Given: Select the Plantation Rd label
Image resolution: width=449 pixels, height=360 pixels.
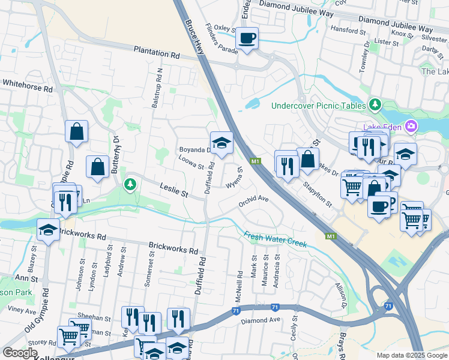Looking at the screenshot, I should tap(157, 53).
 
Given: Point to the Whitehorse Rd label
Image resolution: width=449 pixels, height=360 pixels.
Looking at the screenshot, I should tap(27, 85).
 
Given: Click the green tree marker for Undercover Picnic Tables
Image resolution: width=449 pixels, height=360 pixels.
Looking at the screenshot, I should tap(375, 104).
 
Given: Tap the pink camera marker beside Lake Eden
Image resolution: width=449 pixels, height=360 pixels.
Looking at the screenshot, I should tap(411, 127).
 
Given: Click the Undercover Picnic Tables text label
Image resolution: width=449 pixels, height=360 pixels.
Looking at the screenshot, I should tap(318, 106).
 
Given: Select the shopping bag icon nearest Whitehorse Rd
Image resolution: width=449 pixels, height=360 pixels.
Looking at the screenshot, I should tap(77, 132).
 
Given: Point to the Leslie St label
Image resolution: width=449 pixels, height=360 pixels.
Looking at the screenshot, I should tap(173, 191).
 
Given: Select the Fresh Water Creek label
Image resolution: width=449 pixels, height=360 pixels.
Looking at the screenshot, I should tap(276, 239).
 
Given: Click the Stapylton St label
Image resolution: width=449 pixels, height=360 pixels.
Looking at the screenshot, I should tap(318, 194).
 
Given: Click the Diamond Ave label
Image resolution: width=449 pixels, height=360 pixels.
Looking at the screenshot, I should tap(261, 320).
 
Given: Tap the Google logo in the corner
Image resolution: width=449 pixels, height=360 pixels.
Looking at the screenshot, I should tap(20, 353).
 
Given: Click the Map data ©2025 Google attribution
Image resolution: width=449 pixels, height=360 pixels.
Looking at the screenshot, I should tap(412, 355).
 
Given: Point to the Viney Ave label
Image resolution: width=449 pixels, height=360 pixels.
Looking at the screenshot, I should tap(22, 310).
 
